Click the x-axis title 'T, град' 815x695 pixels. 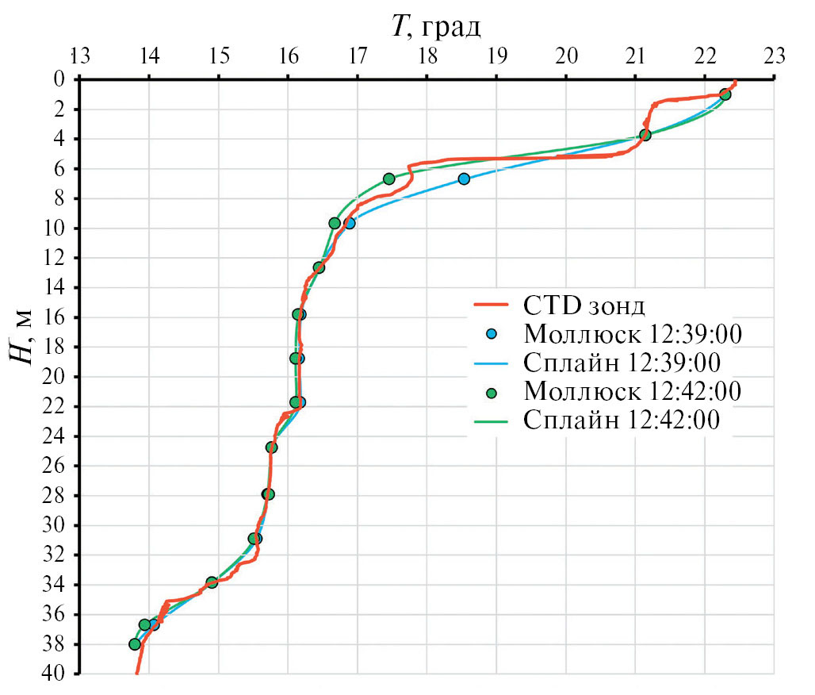point(435,28)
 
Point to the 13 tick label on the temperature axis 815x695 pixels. point(79,56)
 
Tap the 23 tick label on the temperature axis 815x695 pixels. point(774,56)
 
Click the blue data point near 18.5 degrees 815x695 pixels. point(464,179)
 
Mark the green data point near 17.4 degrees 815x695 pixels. point(388,179)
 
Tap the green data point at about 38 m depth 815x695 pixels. point(135,644)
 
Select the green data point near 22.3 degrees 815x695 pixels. point(725,94)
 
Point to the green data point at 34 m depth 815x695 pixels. point(212,582)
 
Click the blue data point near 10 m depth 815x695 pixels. point(350,223)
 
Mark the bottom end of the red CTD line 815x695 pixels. point(136,673)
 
